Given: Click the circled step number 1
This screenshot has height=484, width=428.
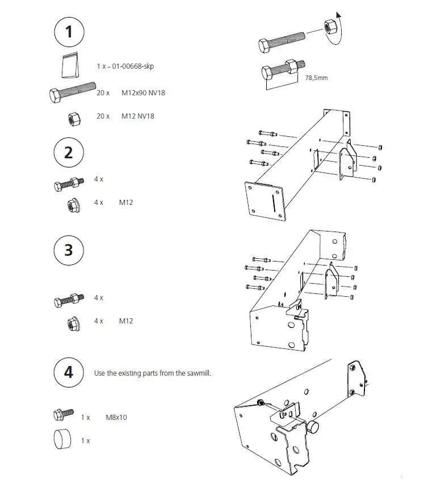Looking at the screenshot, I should [x=69, y=32].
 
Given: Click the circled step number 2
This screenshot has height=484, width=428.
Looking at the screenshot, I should [x=69, y=153].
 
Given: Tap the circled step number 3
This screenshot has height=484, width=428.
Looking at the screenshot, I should [x=69, y=250].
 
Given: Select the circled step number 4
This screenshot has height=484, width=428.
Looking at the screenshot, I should [x=69, y=373].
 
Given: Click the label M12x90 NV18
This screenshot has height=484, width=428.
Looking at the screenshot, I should [x=143, y=92].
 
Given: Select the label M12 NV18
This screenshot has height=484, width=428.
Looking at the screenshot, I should [x=137, y=116].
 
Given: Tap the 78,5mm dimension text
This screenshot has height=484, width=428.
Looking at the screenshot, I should [x=316, y=78].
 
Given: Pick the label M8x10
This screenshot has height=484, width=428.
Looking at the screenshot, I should [x=116, y=418].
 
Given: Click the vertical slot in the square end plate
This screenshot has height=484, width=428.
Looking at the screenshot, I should [x=274, y=201].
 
